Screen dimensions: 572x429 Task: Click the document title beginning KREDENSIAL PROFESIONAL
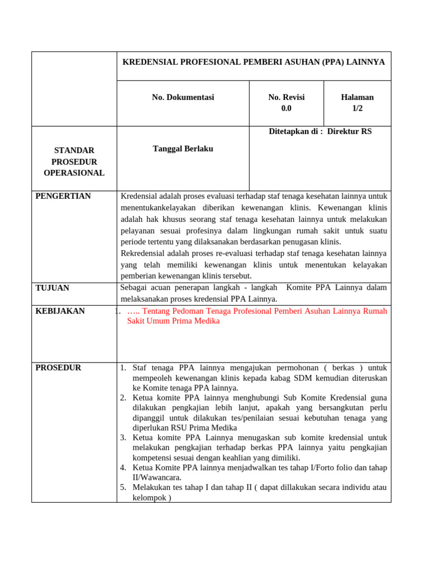[254, 61]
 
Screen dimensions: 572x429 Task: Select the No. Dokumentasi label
[183, 97]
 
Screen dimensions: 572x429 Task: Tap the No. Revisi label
[287, 97]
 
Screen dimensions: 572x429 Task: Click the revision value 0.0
[287, 108]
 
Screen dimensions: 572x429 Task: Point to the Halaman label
[357, 97]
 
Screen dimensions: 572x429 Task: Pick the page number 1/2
[357, 108]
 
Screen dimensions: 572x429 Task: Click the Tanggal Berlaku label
[183, 149]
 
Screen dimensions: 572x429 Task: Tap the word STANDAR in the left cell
[74, 150]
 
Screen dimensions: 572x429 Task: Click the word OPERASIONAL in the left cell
[74, 173]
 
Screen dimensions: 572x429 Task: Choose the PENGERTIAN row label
[63, 196]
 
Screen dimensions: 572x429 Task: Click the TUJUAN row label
[53, 288]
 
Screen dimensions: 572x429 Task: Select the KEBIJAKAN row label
[60, 311]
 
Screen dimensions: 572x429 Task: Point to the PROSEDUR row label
[59, 368]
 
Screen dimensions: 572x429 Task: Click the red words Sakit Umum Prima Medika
[173, 321]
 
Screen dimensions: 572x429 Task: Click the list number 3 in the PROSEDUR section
[123, 437]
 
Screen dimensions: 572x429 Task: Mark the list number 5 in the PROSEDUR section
[123, 487]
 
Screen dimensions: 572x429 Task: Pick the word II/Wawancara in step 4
[157, 478]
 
